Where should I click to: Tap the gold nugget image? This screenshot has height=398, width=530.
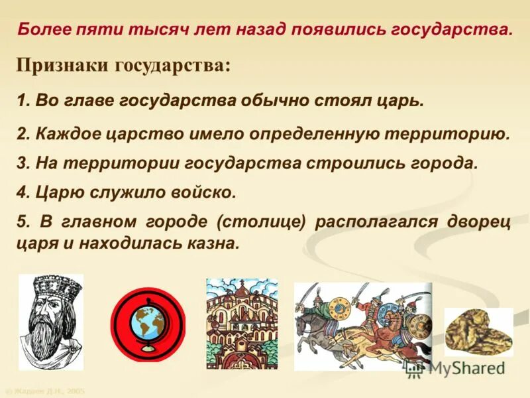click(478, 332)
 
